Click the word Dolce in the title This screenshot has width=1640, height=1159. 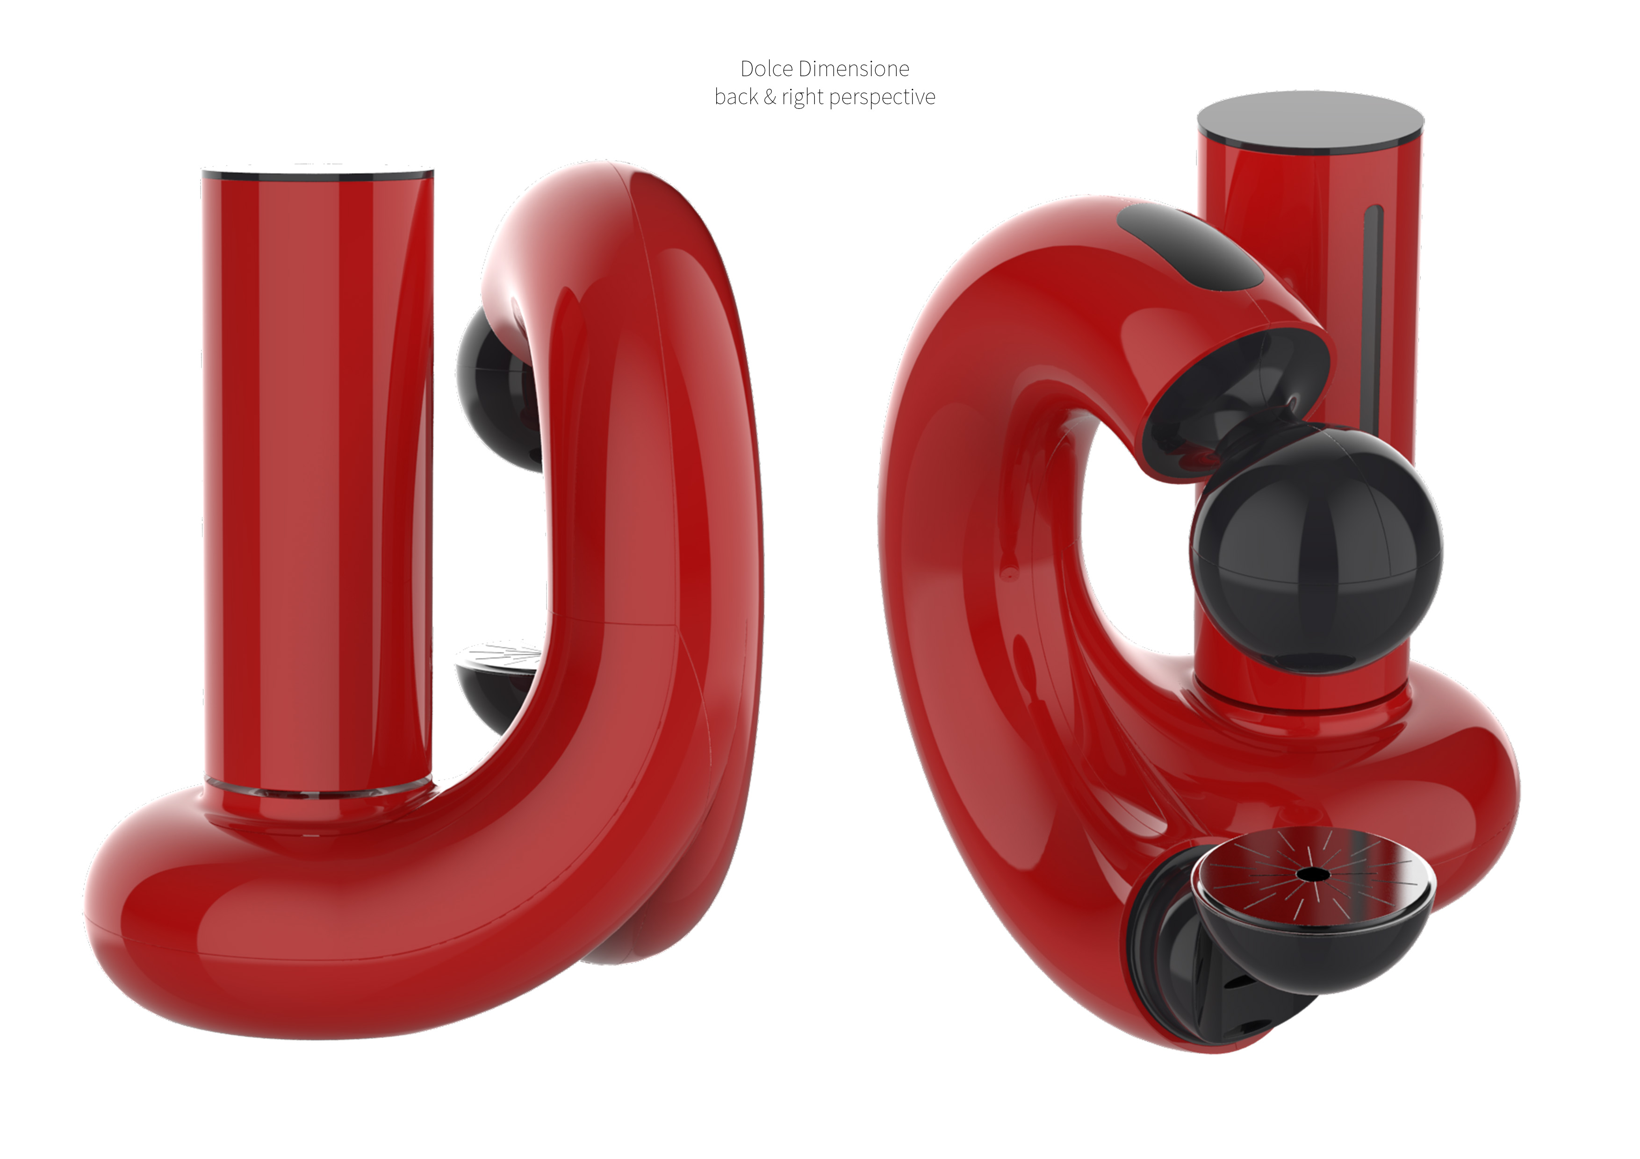766,69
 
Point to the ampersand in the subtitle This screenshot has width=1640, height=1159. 770,96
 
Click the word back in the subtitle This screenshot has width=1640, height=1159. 736,96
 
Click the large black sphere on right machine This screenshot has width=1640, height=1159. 1316,550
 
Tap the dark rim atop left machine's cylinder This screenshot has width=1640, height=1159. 318,173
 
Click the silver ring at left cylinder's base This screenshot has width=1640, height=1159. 318,791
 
